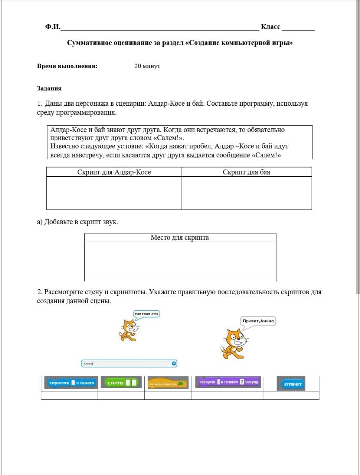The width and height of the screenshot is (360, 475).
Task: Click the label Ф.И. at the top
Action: [x=52, y=27]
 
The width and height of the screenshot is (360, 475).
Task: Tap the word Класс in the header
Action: [x=270, y=27]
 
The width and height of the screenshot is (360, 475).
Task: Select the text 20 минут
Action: [x=147, y=66]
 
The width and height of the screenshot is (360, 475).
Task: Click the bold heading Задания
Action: [x=49, y=88]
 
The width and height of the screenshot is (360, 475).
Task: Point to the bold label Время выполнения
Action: [x=67, y=66]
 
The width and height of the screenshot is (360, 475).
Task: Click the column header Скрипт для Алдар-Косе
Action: [x=114, y=172]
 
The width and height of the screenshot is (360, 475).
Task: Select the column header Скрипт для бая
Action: [x=246, y=172]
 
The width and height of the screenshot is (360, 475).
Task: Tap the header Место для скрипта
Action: [x=180, y=238]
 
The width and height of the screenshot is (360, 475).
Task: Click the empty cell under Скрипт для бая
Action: [x=246, y=193]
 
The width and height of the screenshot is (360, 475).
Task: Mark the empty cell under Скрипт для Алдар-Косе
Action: [x=114, y=193]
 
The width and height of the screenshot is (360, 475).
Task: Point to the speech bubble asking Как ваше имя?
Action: [x=147, y=314]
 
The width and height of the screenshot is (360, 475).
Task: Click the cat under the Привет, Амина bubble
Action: [x=233, y=344]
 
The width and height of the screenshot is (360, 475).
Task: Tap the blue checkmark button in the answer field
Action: [x=174, y=363]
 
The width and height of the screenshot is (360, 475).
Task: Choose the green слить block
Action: [x=121, y=383]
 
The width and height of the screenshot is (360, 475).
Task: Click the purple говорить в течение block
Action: [x=229, y=382]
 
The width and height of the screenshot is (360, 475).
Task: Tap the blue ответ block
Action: [x=292, y=384]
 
